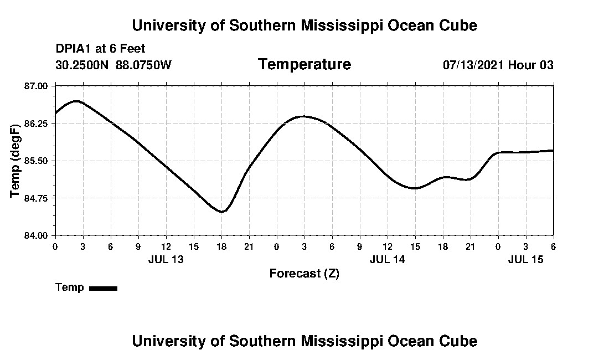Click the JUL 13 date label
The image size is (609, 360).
pos(166,259)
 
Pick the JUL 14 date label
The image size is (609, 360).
pos(388,259)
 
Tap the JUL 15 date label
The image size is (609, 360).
pos(526,259)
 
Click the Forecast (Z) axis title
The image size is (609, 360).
pos(304,273)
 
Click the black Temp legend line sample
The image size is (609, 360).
pos(103,288)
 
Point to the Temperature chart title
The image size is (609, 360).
pos(304,64)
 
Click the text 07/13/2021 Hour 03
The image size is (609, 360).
pos(498,65)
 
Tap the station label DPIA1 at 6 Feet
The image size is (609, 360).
pos(100,49)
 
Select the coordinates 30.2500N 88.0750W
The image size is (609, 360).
pos(113,65)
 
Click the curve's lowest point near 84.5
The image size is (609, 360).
pos(221,212)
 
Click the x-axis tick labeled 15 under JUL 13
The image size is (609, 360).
pos(193,246)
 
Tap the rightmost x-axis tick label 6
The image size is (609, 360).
pos(553,246)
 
